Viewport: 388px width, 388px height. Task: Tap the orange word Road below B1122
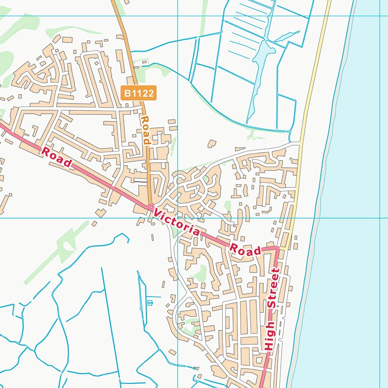[146, 130]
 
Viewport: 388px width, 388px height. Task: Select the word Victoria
[177, 223]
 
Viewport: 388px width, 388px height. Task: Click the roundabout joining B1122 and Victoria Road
[151, 207]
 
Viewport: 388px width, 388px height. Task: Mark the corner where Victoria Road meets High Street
[277, 248]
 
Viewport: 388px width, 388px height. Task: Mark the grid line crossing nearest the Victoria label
[178, 218]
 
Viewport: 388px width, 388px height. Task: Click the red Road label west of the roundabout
[56, 157]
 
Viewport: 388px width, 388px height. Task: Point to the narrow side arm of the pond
[286, 36]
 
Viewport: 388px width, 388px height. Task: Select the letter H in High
[268, 348]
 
